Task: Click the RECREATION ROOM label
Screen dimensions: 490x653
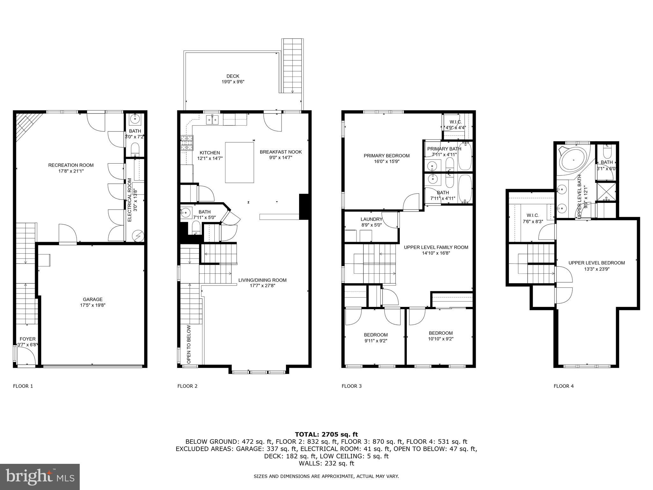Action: [71, 165]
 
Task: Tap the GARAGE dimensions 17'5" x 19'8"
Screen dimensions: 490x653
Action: [92, 305]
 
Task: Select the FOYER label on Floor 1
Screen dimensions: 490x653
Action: [28, 339]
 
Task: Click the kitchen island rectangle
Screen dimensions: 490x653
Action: [239, 162]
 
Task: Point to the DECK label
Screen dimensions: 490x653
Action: [233, 76]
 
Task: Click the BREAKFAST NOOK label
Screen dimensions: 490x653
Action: [281, 152]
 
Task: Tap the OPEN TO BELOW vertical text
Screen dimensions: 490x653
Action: [189, 345]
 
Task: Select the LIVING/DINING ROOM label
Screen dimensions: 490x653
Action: [262, 280]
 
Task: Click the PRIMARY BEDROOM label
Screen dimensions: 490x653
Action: [386, 156]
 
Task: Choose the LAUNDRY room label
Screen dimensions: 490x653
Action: [371, 219]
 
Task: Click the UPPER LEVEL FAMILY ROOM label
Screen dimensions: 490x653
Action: [436, 247]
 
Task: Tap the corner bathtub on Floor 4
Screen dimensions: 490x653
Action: [573, 160]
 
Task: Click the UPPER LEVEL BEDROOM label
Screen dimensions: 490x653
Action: [597, 263]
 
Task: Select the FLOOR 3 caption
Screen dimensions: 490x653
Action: [351, 386]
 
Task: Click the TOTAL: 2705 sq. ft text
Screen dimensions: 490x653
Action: [326, 434]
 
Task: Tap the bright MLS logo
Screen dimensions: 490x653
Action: [40, 477]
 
